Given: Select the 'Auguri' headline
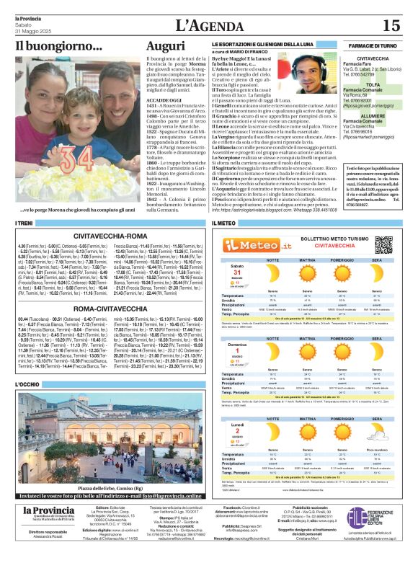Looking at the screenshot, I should [166, 47].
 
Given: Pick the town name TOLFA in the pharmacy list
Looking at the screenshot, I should [373, 84].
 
